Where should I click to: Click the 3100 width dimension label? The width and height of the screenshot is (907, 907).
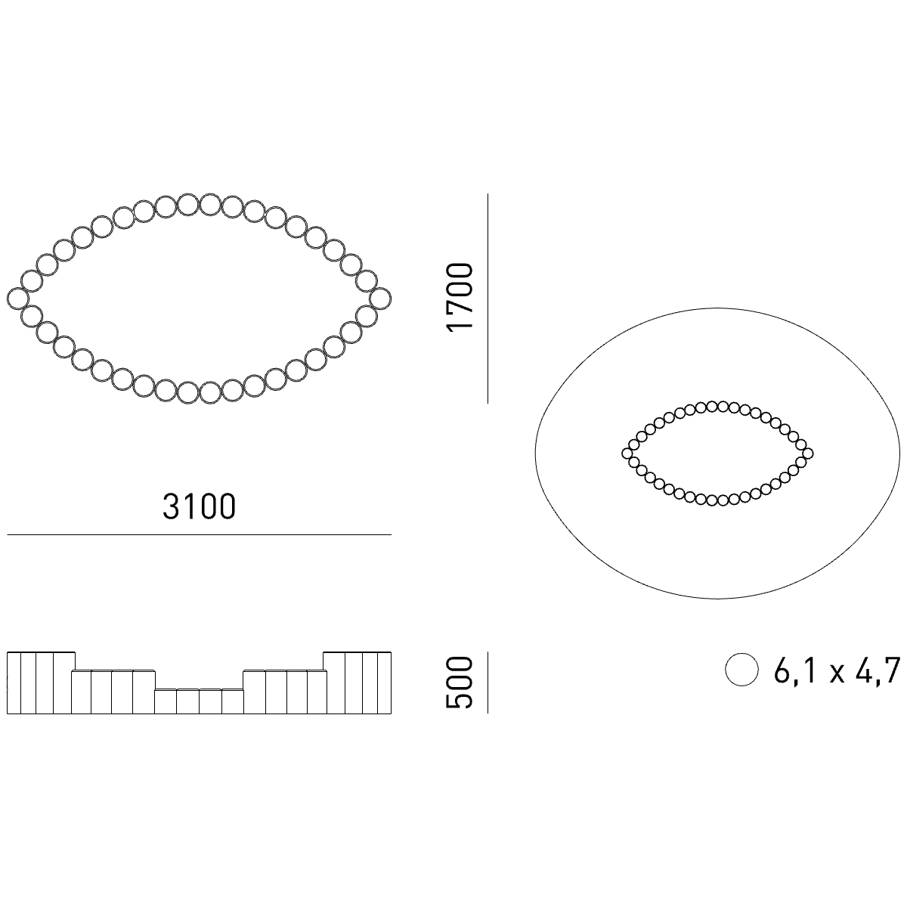(x=199, y=506)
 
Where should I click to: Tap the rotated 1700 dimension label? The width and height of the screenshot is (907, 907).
(x=460, y=298)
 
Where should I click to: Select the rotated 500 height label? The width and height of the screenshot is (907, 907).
(x=460, y=683)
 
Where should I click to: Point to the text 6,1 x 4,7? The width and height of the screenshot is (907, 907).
(x=837, y=670)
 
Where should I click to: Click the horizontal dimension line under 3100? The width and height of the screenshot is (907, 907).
(x=199, y=534)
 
